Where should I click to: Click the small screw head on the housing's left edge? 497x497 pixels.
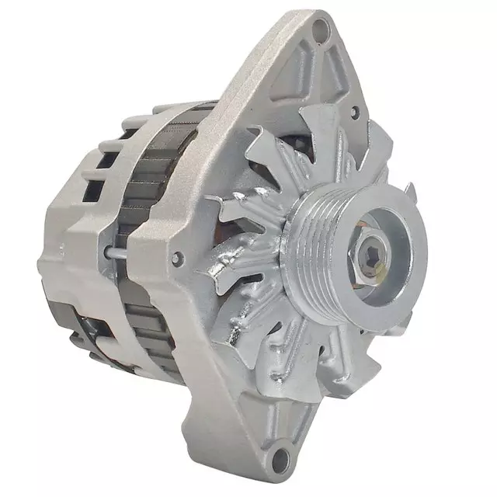pos(180,257)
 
